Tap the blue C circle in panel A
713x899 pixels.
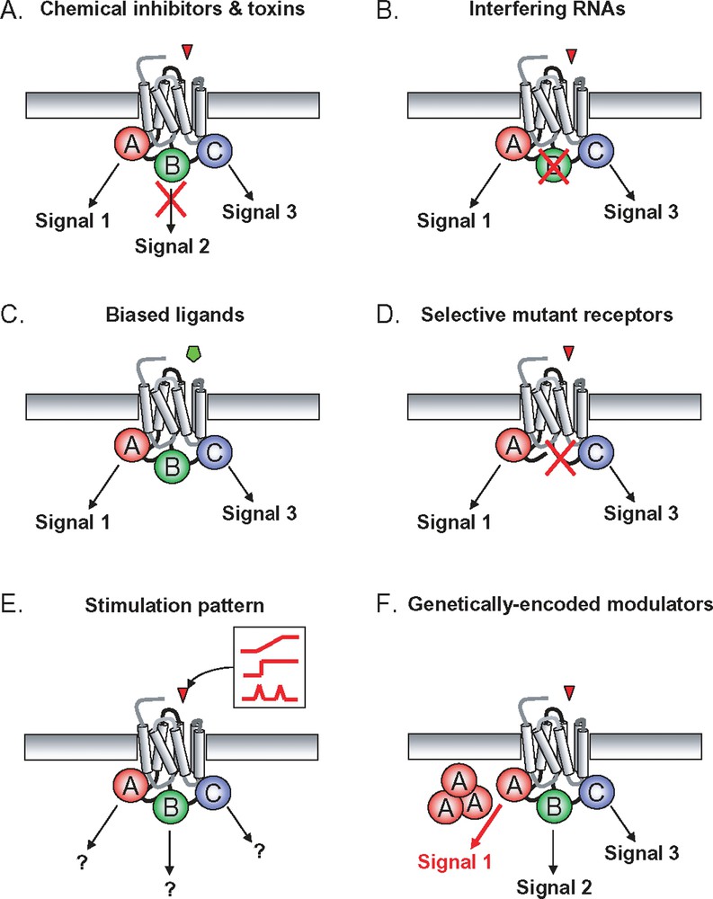(214, 150)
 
